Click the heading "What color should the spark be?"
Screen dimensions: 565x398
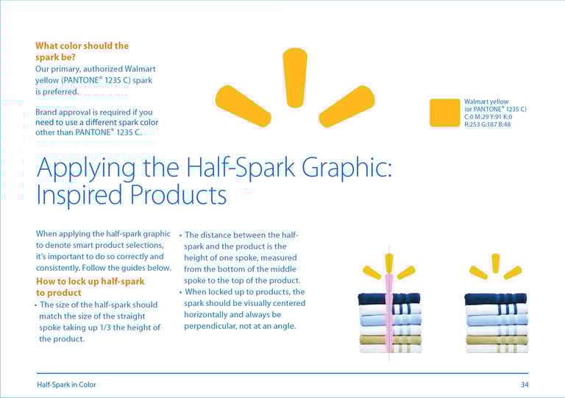pos(82,51)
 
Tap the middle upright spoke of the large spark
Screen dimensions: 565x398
pos(295,77)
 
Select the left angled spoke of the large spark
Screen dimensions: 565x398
pos(244,106)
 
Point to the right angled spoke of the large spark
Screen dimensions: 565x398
pos(347,106)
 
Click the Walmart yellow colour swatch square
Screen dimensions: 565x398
pos(444,113)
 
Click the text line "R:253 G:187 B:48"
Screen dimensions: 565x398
pos(488,124)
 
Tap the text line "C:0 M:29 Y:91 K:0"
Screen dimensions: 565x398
pos(488,117)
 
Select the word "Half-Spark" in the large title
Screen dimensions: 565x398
pos(241,168)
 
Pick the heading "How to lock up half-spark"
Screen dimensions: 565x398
pos(90,281)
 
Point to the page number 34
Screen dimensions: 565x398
pos(525,385)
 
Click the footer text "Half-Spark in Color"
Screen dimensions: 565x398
pos(66,385)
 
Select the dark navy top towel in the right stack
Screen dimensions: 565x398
pos(496,299)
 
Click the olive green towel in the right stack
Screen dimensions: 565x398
pos(497,340)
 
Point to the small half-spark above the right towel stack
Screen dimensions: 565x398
pos(496,266)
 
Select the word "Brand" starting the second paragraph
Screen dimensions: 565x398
pos(46,112)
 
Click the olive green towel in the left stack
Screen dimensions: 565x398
pos(390,340)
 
